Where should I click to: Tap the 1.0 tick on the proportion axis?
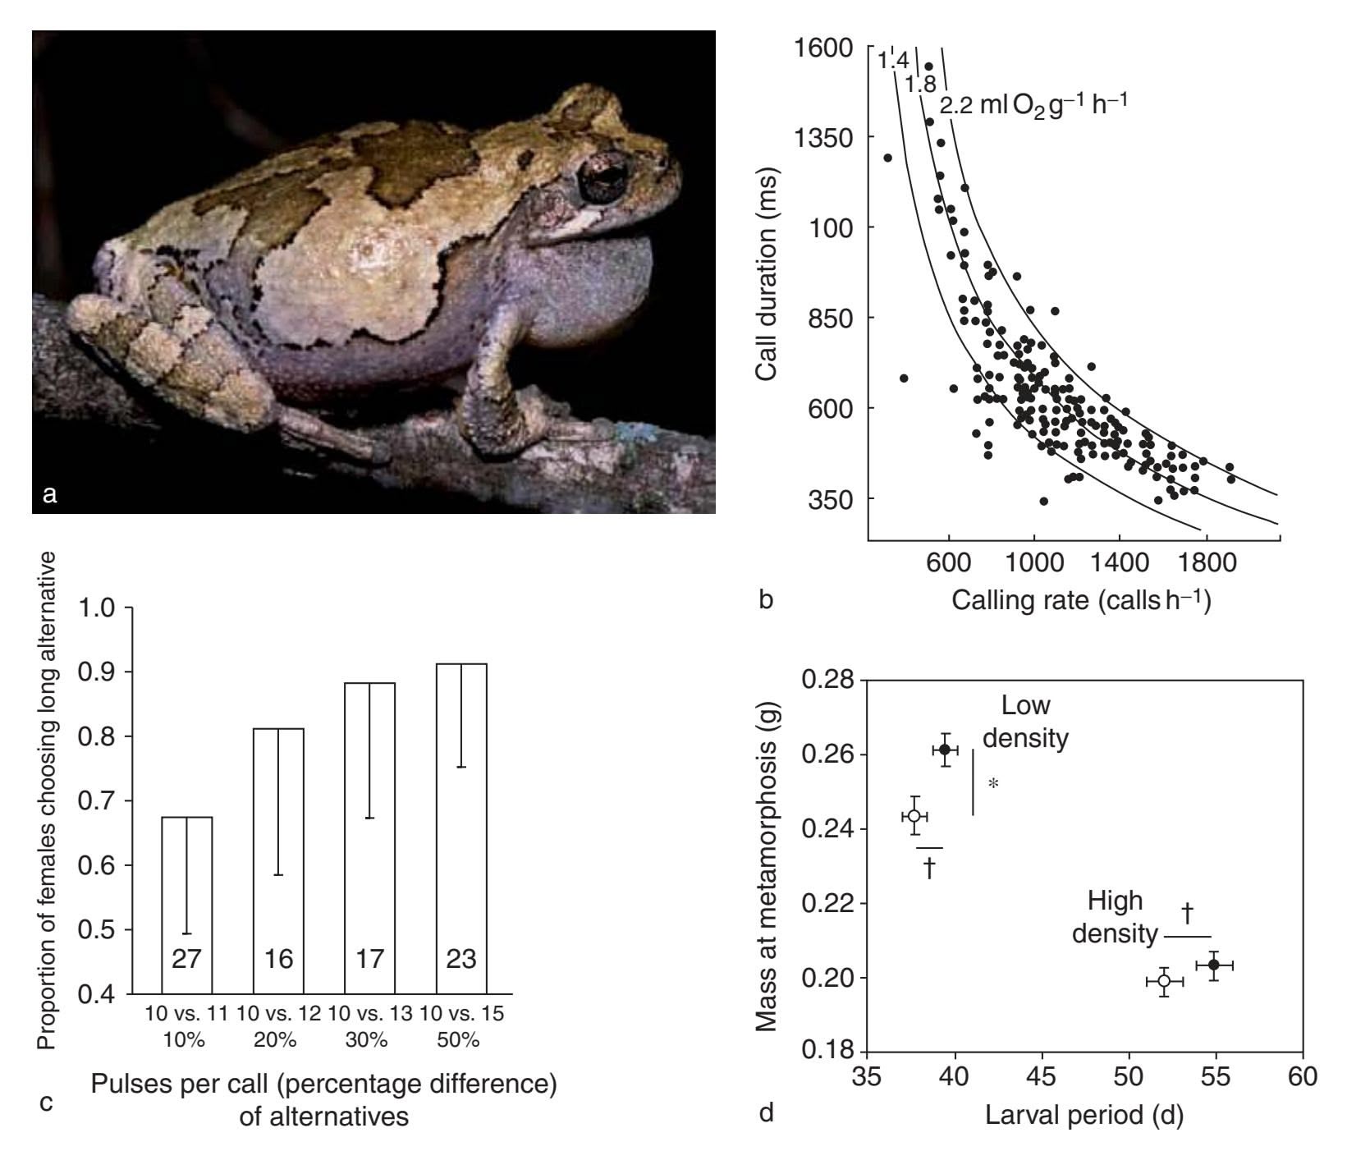point(96,608)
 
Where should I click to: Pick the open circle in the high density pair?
point(1164,981)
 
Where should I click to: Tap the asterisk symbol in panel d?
point(993,784)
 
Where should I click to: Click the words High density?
point(1116,917)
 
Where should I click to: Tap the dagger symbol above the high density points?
point(1187,912)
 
